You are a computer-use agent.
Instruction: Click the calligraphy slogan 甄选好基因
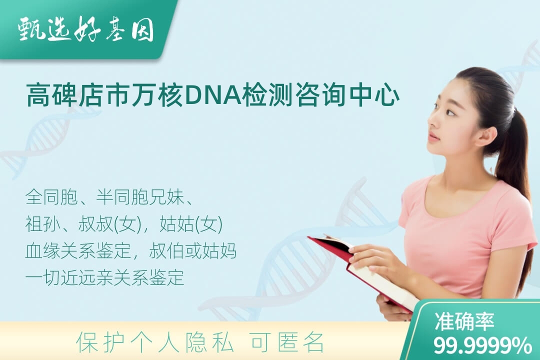pyautogui.click(x=86, y=29)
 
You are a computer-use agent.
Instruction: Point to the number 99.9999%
pyautogui.click(x=482, y=345)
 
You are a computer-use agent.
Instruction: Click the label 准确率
pyautogui.click(x=464, y=321)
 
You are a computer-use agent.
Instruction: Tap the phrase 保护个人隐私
pyautogui.click(x=155, y=342)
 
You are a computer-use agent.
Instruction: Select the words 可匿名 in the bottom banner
pyautogui.click(x=287, y=342)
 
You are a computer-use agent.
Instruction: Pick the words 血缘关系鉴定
pyautogui.click(x=78, y=251)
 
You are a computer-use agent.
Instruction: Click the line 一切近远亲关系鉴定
pyautogui.click(x=104, y=277)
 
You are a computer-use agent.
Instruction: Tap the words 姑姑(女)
pyautogui.click(x=191, y=224)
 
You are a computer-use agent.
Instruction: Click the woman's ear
pyautogui.click(x=486, y=133)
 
